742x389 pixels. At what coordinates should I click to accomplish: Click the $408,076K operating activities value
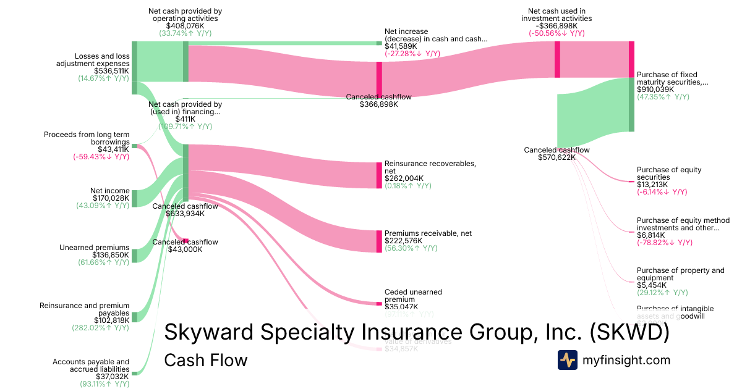click(185, 26)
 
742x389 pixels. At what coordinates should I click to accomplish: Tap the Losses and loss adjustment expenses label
click(93, 59)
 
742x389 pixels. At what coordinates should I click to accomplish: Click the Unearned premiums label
click(95, 248)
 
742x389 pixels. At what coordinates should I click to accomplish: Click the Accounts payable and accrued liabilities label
click(91, 366)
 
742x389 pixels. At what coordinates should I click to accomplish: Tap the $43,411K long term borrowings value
click(113, 149)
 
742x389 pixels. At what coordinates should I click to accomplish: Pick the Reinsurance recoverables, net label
click(430, 167)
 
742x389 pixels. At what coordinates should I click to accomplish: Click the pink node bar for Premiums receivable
click(379, 241)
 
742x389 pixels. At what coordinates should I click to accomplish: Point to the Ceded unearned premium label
click(413, 295)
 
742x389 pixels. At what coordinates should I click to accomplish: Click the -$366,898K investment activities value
click(556, 26)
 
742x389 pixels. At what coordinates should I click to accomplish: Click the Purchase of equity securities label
click(669, 174)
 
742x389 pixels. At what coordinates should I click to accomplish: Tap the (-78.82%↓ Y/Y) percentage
click(665, 243)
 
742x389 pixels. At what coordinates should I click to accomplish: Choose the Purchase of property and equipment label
click(680, 274)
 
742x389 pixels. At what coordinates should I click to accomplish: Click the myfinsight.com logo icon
click(568, 360)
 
